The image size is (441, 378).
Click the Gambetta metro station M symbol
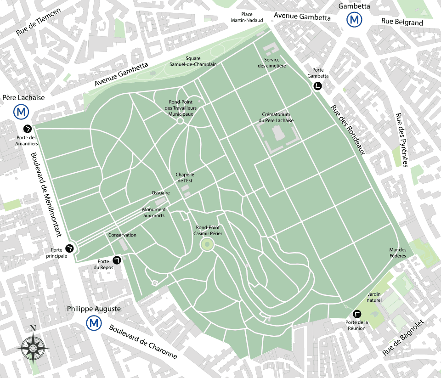[354, 20]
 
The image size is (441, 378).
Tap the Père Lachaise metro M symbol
[20, 111]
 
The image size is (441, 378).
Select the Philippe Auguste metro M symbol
[94, 323]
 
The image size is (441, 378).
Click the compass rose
[33, 347]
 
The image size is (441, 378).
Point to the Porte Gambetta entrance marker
[317, 86]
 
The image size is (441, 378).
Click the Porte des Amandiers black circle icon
[28, 129]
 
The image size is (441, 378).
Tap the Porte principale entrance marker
[70, 248]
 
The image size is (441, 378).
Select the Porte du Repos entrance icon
[117, 260]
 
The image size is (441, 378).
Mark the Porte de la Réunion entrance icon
[357, 314]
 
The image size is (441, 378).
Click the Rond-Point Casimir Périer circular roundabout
[207, 245]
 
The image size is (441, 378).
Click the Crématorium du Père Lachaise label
[276, 118]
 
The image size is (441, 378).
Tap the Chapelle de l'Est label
[185, 177]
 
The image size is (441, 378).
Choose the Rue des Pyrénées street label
[401, 140]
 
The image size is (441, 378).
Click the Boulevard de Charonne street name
[142, 342]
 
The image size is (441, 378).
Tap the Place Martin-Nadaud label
[247, 17]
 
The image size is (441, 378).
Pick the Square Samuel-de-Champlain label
[193, 61]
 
